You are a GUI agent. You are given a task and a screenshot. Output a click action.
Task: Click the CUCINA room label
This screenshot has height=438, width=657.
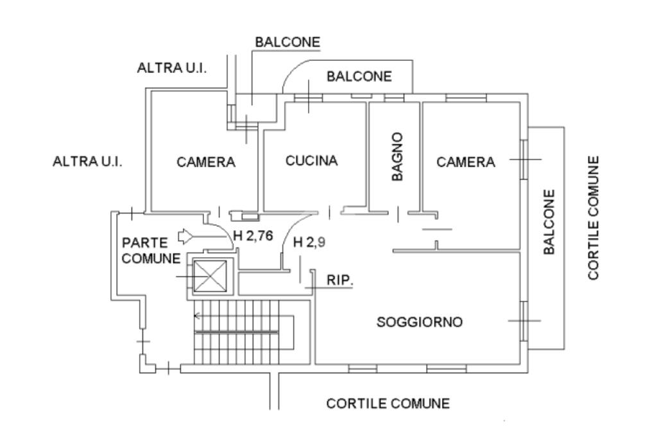coord(311,161)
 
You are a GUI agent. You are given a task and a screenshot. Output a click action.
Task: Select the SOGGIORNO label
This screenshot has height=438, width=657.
coord(419,322)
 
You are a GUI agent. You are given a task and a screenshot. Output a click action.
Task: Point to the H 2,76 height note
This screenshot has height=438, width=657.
coord(253,235)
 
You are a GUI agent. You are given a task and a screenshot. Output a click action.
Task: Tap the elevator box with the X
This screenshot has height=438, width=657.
coord(210,277)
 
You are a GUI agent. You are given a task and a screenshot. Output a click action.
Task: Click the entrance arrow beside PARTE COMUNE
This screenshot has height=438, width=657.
coord(186,236)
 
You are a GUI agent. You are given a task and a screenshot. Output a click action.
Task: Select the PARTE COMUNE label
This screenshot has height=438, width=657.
coord(151,251)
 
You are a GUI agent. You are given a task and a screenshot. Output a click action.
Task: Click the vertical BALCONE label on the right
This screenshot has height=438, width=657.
coord(549,222)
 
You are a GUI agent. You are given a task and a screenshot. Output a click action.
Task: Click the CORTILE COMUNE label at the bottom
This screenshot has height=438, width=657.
coord(388,404)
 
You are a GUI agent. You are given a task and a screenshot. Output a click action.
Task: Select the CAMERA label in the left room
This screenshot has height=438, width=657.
coord(206,163)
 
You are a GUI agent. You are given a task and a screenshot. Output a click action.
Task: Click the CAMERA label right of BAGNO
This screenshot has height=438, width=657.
coord(466,162)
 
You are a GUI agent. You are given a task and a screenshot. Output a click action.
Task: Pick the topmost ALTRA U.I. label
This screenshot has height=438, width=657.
coord(172,68)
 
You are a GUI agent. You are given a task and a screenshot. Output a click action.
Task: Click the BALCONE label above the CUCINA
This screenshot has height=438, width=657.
coord(359,77)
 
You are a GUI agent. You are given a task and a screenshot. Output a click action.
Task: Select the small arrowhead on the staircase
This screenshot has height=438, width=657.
coord(198,316)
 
